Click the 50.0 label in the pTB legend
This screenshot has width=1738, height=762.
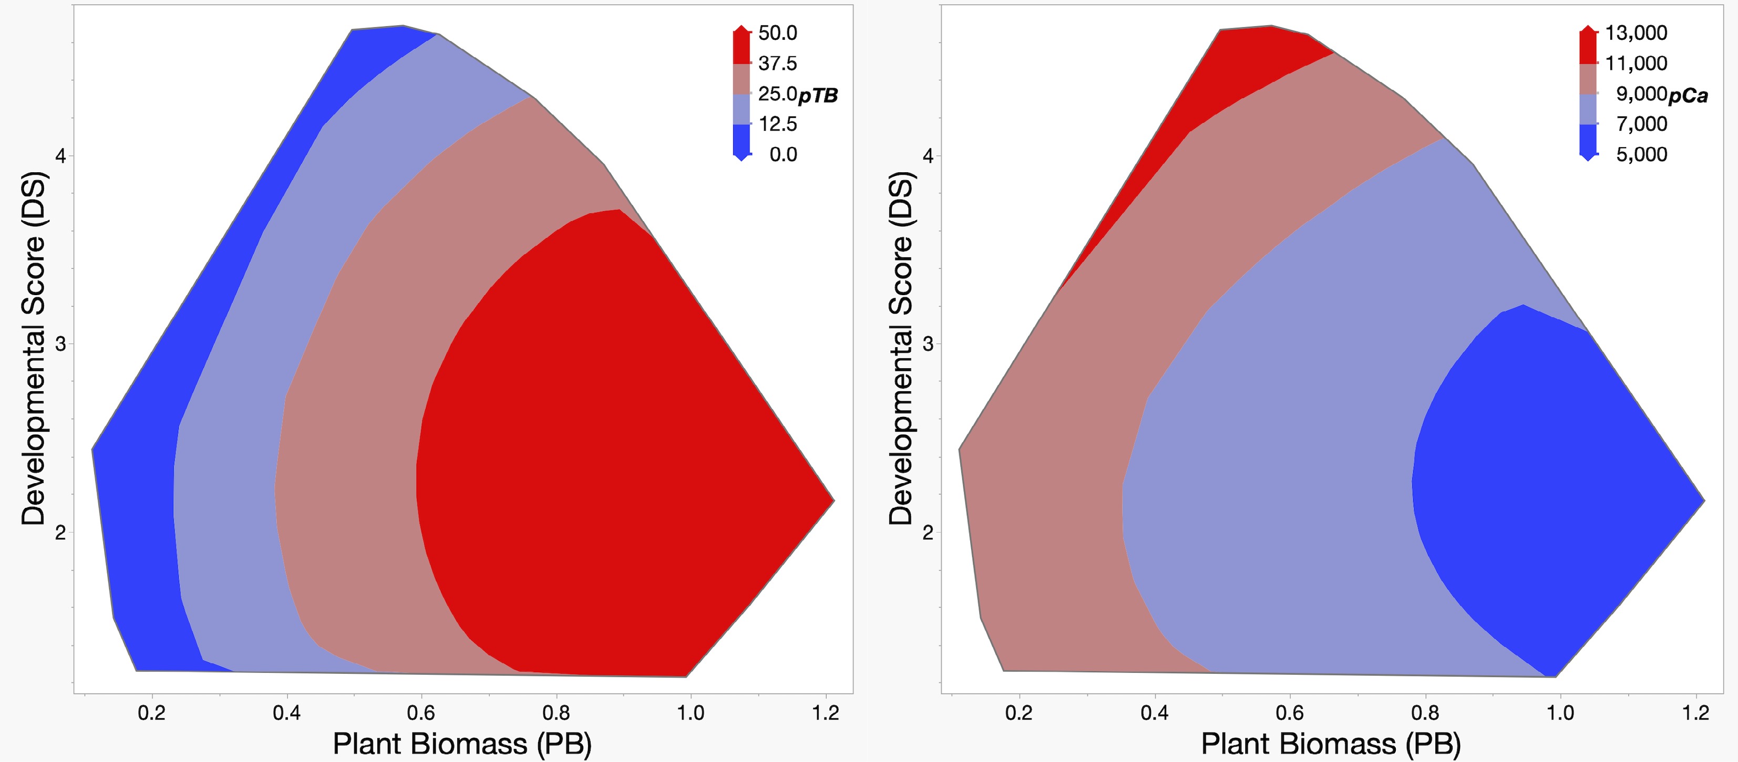(777, 33)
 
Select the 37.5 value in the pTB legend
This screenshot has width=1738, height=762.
(777, 64)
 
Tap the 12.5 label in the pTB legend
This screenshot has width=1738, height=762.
(777, 124)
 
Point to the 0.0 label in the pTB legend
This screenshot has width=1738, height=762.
(783, 154)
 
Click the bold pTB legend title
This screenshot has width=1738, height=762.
(818, 96)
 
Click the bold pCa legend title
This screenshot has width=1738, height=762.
(1689, 96)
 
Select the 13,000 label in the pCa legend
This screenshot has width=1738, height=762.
(1636, 33)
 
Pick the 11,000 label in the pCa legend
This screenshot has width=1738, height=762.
(1636, 64)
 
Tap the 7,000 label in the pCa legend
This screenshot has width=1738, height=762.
(1641, 124)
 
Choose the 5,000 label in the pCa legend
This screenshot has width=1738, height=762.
(1641, 154)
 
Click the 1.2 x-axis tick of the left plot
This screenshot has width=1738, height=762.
(825, 713)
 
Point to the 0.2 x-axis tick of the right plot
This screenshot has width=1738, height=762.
(1019, 713)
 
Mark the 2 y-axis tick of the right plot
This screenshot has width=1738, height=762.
(928, 533)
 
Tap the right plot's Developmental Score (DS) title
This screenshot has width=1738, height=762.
(901, 348)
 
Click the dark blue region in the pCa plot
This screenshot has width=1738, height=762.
(1552, 486)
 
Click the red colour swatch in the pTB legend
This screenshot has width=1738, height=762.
(742, 47)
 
